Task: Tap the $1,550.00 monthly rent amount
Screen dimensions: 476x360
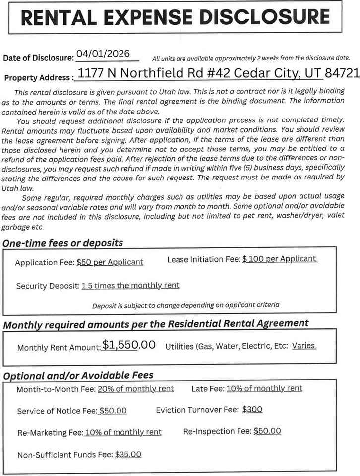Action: [x=129, y=345]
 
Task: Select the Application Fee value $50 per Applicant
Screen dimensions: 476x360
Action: [x=110, y=262]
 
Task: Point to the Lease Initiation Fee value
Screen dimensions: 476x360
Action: [x=280, y=259]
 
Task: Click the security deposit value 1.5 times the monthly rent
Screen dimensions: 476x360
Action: [x=130, y=285]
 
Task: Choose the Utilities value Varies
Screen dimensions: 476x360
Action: [x=303, y=345]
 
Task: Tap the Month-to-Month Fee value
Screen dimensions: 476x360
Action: [x=136, y=388]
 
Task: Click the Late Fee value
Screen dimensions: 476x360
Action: [x=264, y=388]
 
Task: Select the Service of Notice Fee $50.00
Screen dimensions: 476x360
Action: [x=113, y=411]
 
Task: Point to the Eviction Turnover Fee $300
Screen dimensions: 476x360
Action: [x=252, y=410]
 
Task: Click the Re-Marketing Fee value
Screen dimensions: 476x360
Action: [x=123, y=432]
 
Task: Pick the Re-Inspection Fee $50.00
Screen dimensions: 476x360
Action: [x=267, y=431]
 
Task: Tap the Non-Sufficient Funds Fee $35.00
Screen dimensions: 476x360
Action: [x=128, y=454]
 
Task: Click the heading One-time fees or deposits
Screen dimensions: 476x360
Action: [x=63, y=243]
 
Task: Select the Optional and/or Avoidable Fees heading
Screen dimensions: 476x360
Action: [x=78, y=375]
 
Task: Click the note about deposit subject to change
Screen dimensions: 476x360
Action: [x=185, y=305]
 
